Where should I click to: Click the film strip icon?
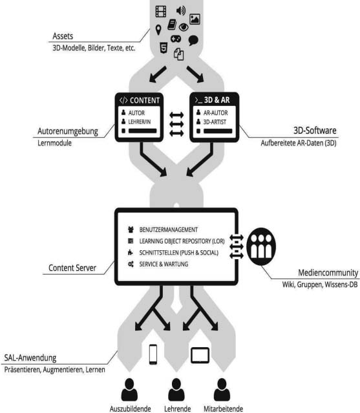point(161,12)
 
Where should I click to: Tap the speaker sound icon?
point(181,10)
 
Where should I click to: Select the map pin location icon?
point(158,30)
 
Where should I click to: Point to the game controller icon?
point(176,39)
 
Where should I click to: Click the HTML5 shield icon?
point(164,48)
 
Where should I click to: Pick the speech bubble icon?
point(193,40)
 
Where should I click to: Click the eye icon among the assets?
point(184,27)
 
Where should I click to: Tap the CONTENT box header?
point(140,100)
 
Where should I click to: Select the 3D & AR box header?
point(215,100)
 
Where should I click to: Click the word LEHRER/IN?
point(140,122)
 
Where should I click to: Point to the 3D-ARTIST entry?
point(215,122)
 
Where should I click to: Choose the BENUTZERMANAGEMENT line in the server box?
point(168,229)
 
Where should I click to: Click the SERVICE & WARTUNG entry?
point(164,264)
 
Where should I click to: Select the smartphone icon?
point(153,354)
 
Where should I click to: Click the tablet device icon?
point(200,355)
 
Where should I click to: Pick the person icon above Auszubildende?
point(129,390)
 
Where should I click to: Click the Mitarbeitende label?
point(224,409)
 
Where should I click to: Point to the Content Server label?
point(72,268)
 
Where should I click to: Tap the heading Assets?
point(63,36)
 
